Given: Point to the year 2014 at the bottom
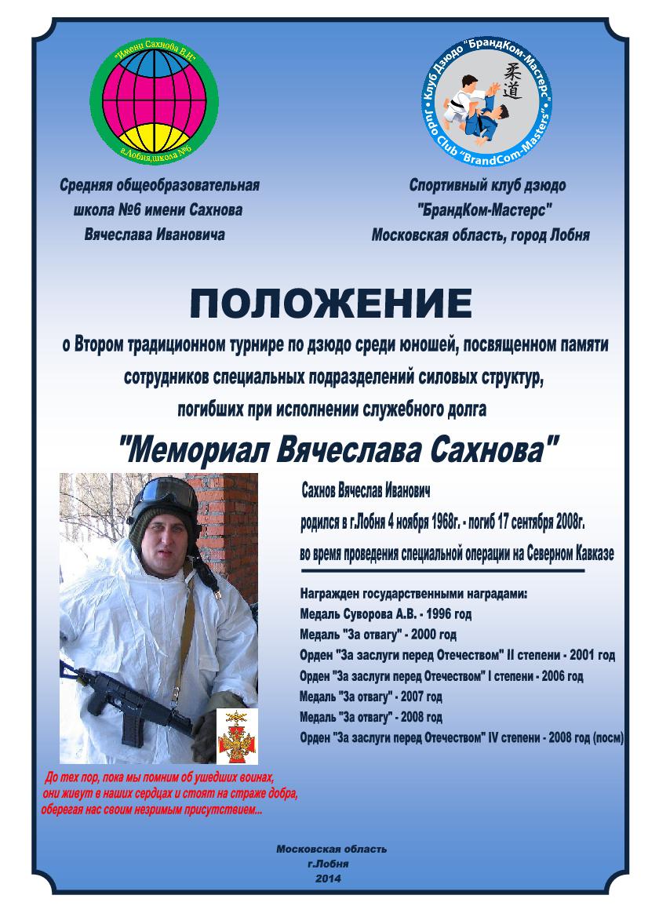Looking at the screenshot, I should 329,878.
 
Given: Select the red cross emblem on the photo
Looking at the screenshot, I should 237,732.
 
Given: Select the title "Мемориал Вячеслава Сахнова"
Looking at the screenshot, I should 338,450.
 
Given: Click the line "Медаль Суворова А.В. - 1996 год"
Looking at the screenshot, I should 386,614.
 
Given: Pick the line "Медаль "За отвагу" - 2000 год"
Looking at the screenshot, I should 378,635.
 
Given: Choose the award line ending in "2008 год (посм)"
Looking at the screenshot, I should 462,737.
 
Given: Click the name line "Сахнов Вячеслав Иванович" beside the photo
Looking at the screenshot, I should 366,490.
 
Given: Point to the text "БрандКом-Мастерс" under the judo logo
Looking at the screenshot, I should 486,210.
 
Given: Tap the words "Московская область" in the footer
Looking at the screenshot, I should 331,850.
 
